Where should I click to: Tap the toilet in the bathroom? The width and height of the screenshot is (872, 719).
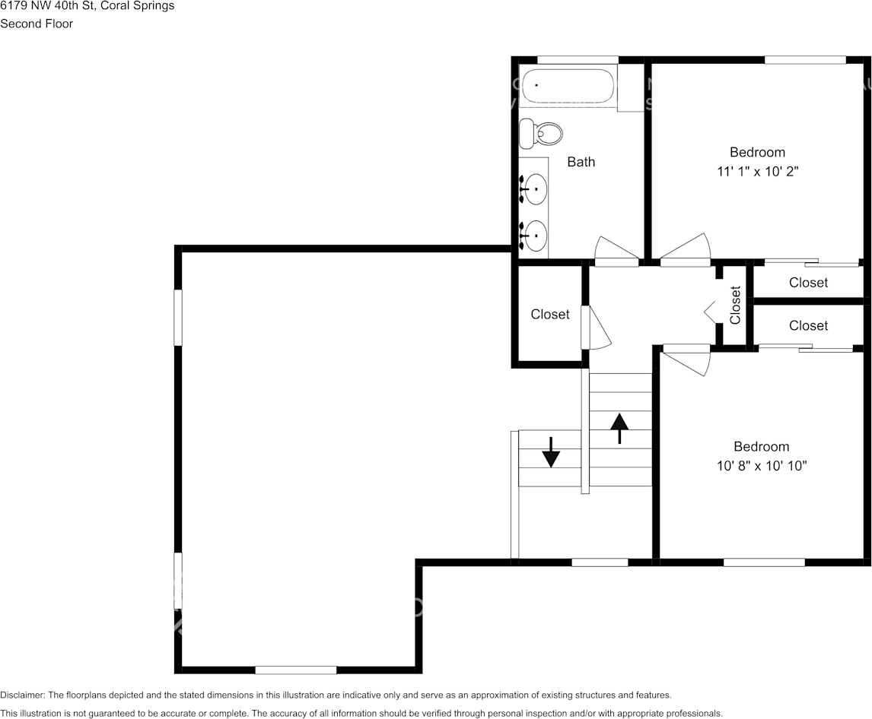(x=541, y=134)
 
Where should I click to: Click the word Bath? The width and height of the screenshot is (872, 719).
(x=581, y=162)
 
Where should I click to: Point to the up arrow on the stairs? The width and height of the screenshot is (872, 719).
(x=620, y=428)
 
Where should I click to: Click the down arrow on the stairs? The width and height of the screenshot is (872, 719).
(x=551, y=454)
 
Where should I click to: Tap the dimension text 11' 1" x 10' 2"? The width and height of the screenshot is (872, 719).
(x=757, y=172)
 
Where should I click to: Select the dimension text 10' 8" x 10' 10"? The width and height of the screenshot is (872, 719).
(x=761, y=466)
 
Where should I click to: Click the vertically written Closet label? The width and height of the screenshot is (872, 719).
(x=735, y=305)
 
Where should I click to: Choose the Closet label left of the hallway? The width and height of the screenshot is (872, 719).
(x=549, y=315)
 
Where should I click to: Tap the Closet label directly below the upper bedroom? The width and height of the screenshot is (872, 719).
(x=808, y=283)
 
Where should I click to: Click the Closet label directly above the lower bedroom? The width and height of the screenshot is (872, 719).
(x=808, y=325)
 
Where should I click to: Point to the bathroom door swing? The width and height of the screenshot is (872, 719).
(x=615, y=251)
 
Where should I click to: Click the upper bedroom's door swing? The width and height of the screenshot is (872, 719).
(x=686, y=250)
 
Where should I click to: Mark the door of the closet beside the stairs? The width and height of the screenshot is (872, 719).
(x=595, y=328)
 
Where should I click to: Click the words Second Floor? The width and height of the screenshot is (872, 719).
(x=37, y=24)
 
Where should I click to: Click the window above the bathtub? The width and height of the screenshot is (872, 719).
(x=577, y=59)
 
